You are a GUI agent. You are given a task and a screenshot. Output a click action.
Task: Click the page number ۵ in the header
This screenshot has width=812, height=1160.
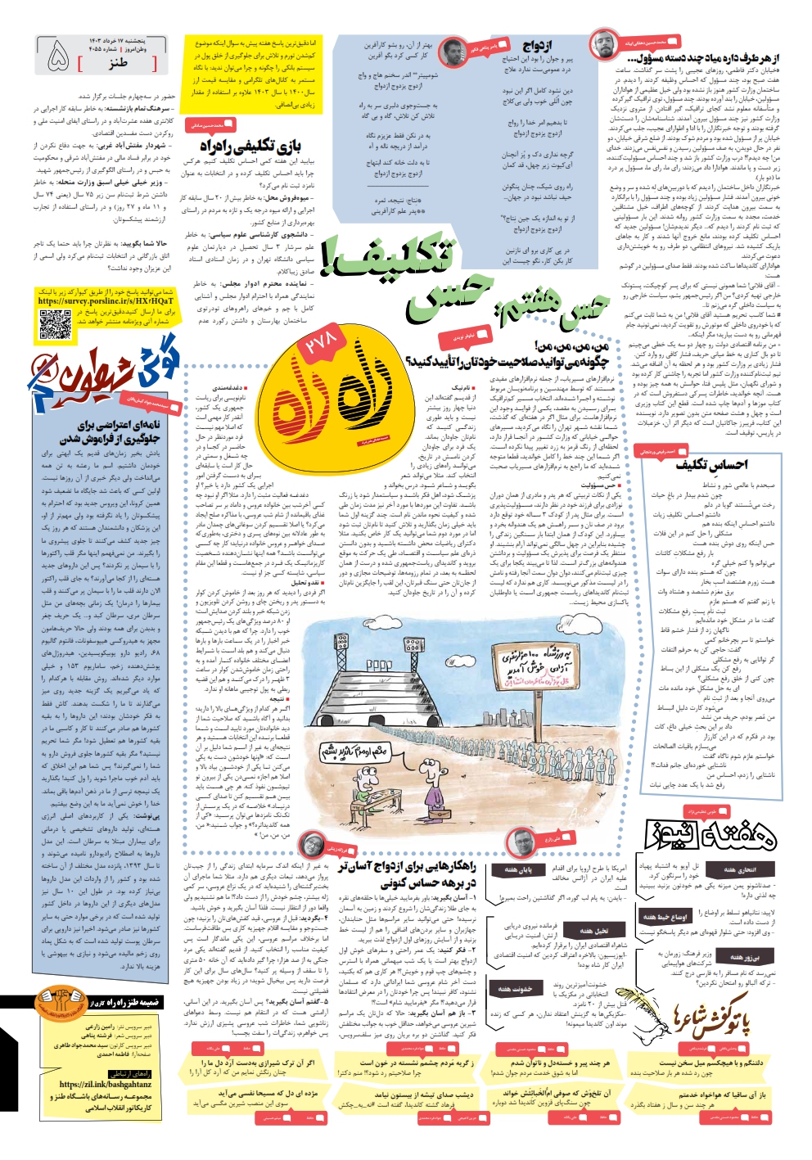coord(58,56)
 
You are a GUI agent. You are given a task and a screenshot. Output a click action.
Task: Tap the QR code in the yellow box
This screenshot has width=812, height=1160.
coord(55,324)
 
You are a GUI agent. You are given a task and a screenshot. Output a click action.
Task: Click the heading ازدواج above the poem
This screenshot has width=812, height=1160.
coord(537,47)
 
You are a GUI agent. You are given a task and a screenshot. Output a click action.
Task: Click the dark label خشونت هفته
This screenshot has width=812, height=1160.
coord(515,989)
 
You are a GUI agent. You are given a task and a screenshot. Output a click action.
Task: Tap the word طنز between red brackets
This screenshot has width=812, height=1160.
coord(118,62)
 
